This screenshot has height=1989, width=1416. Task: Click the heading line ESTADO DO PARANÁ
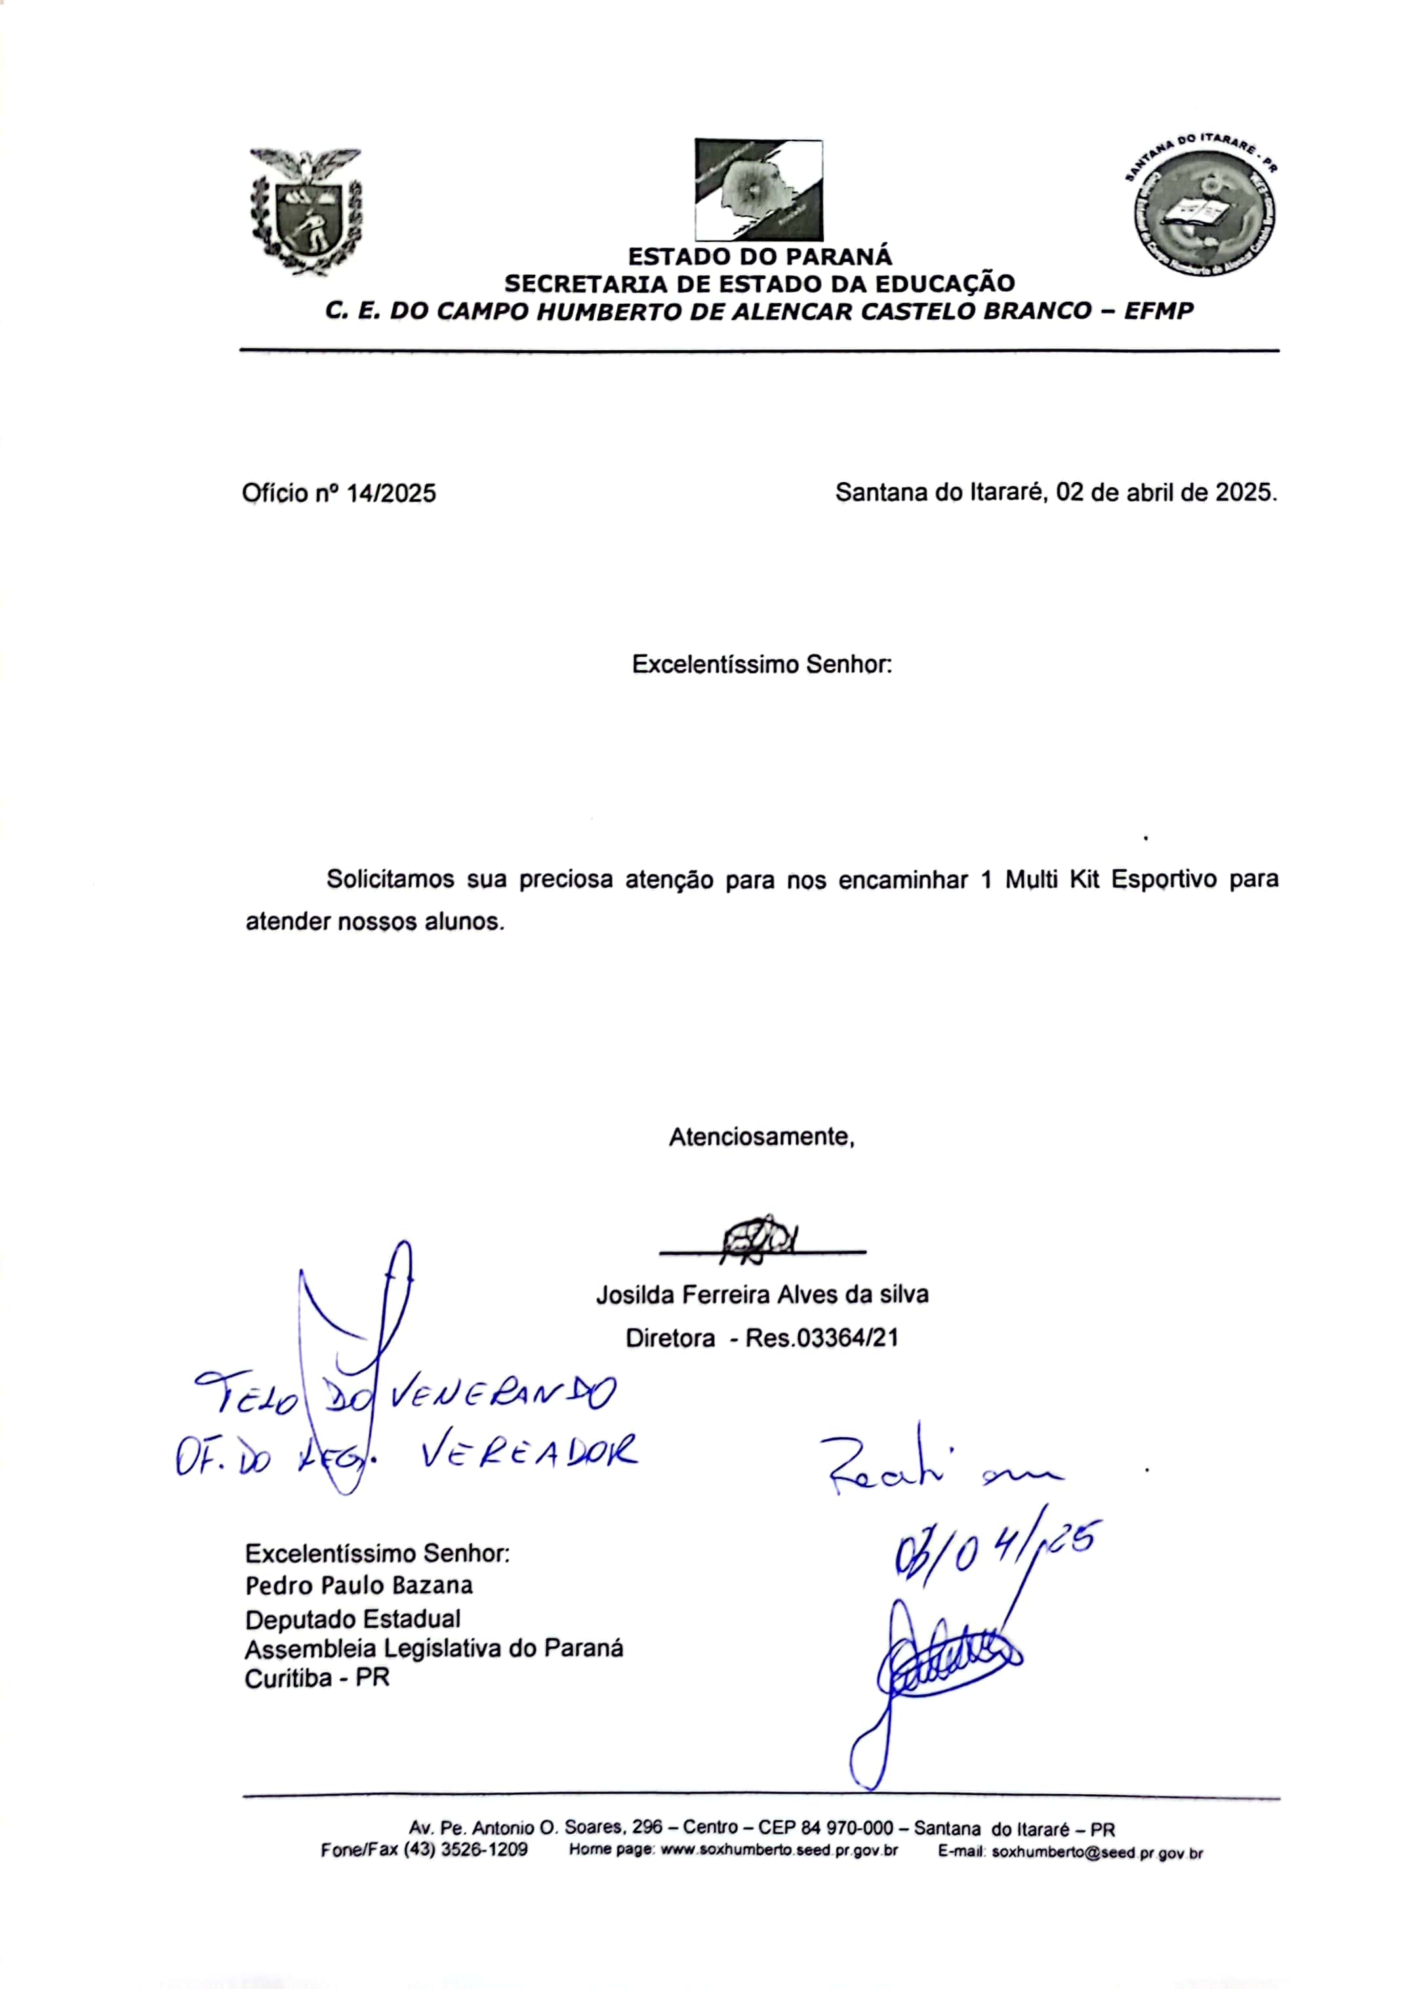point(759,257)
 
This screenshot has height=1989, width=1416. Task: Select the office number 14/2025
point(392,493)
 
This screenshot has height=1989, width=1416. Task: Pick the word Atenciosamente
point(761,1137)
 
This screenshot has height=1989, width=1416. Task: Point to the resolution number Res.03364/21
point(821,1338)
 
